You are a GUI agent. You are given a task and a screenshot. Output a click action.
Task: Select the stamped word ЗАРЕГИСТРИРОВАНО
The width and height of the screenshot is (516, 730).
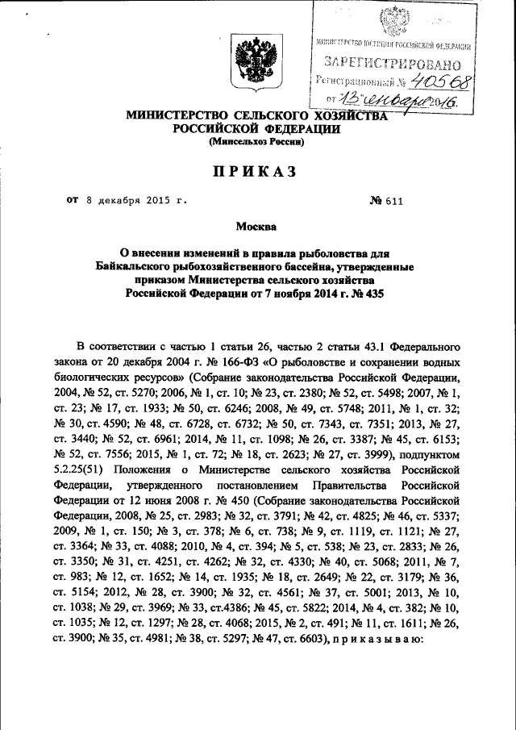coord(393,62)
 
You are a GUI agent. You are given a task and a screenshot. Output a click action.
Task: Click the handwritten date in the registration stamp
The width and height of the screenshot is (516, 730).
coord(397,101)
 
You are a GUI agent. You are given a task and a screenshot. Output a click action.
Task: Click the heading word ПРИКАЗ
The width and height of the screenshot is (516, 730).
coord(256,171)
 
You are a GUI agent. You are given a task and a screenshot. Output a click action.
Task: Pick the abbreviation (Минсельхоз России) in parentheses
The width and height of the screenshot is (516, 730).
coord(256,142)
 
